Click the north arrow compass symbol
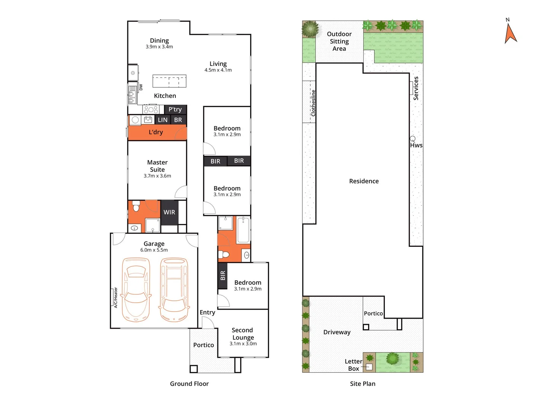(x=510, y=33)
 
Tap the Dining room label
(x=159, y=41)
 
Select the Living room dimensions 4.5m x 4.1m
(x=218, y=70)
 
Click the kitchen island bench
(x=169, y=81)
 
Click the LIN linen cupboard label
(x=163, y=120)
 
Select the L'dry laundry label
(x=156, y=132)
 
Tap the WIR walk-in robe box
(x=169, y=212)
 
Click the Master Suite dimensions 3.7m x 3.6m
(x=157, y=176)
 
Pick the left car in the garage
(x=136, y=290)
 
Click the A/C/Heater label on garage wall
(x=115, y=297)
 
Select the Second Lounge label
(x=243, y=334)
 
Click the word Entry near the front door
(x=207, y=312)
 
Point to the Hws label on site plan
(x=416, y=145)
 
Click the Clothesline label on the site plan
(x=313, y=103)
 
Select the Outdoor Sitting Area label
(x=339, y=41)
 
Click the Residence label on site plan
(x=364, y=181)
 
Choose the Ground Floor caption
(x=189, y=384)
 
